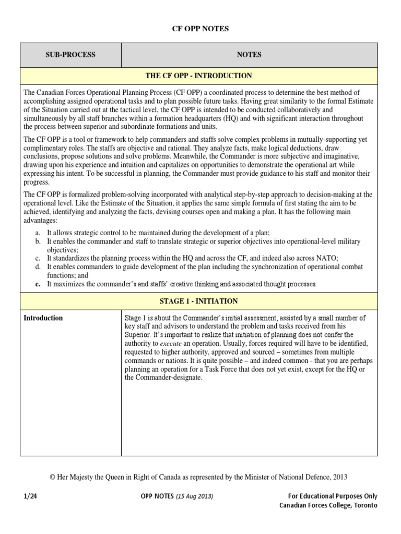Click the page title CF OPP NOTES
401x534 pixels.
click(200, 29)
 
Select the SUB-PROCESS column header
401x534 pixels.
click(70, 55)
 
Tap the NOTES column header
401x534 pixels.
click(249, 55)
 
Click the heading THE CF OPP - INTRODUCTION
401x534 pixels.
click(198, 76)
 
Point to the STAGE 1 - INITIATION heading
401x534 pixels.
click(198, 301)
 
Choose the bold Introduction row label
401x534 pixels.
click(43, 318)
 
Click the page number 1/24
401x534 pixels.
click(31, 496)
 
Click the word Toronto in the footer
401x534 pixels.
click(364, 505)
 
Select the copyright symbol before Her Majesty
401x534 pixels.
click(52, 476)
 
